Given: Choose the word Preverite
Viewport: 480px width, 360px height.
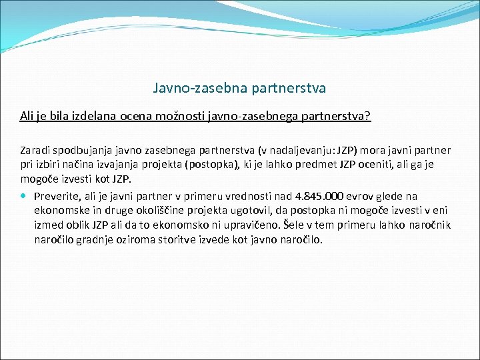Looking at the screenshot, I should (x=58, y=196).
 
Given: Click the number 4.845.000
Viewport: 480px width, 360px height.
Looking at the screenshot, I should (x=319, y=196).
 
